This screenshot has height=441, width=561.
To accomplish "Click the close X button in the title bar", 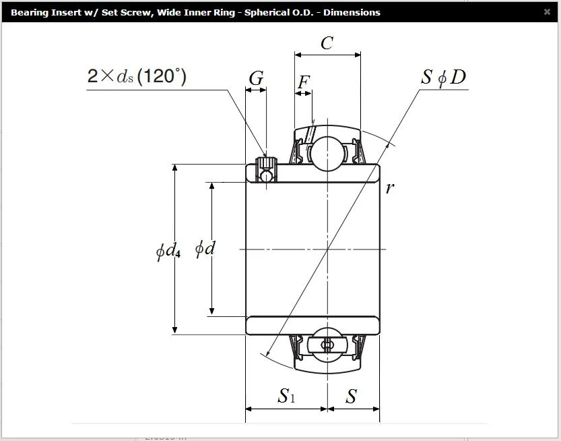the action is tap(547, 12).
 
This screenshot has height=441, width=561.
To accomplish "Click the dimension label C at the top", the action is tap(327, 43).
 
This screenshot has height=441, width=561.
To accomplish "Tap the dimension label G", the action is tap(256, 78).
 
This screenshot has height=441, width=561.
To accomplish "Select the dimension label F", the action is tap(303, 82).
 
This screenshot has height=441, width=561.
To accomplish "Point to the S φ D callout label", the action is tap(444, 77).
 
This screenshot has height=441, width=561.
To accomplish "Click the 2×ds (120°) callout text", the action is tap(137, 76).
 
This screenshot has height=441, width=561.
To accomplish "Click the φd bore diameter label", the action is tap(205, 248).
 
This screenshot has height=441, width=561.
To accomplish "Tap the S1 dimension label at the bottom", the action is tap(287, 396).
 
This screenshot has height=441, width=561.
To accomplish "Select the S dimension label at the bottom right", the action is tap(352, 396).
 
